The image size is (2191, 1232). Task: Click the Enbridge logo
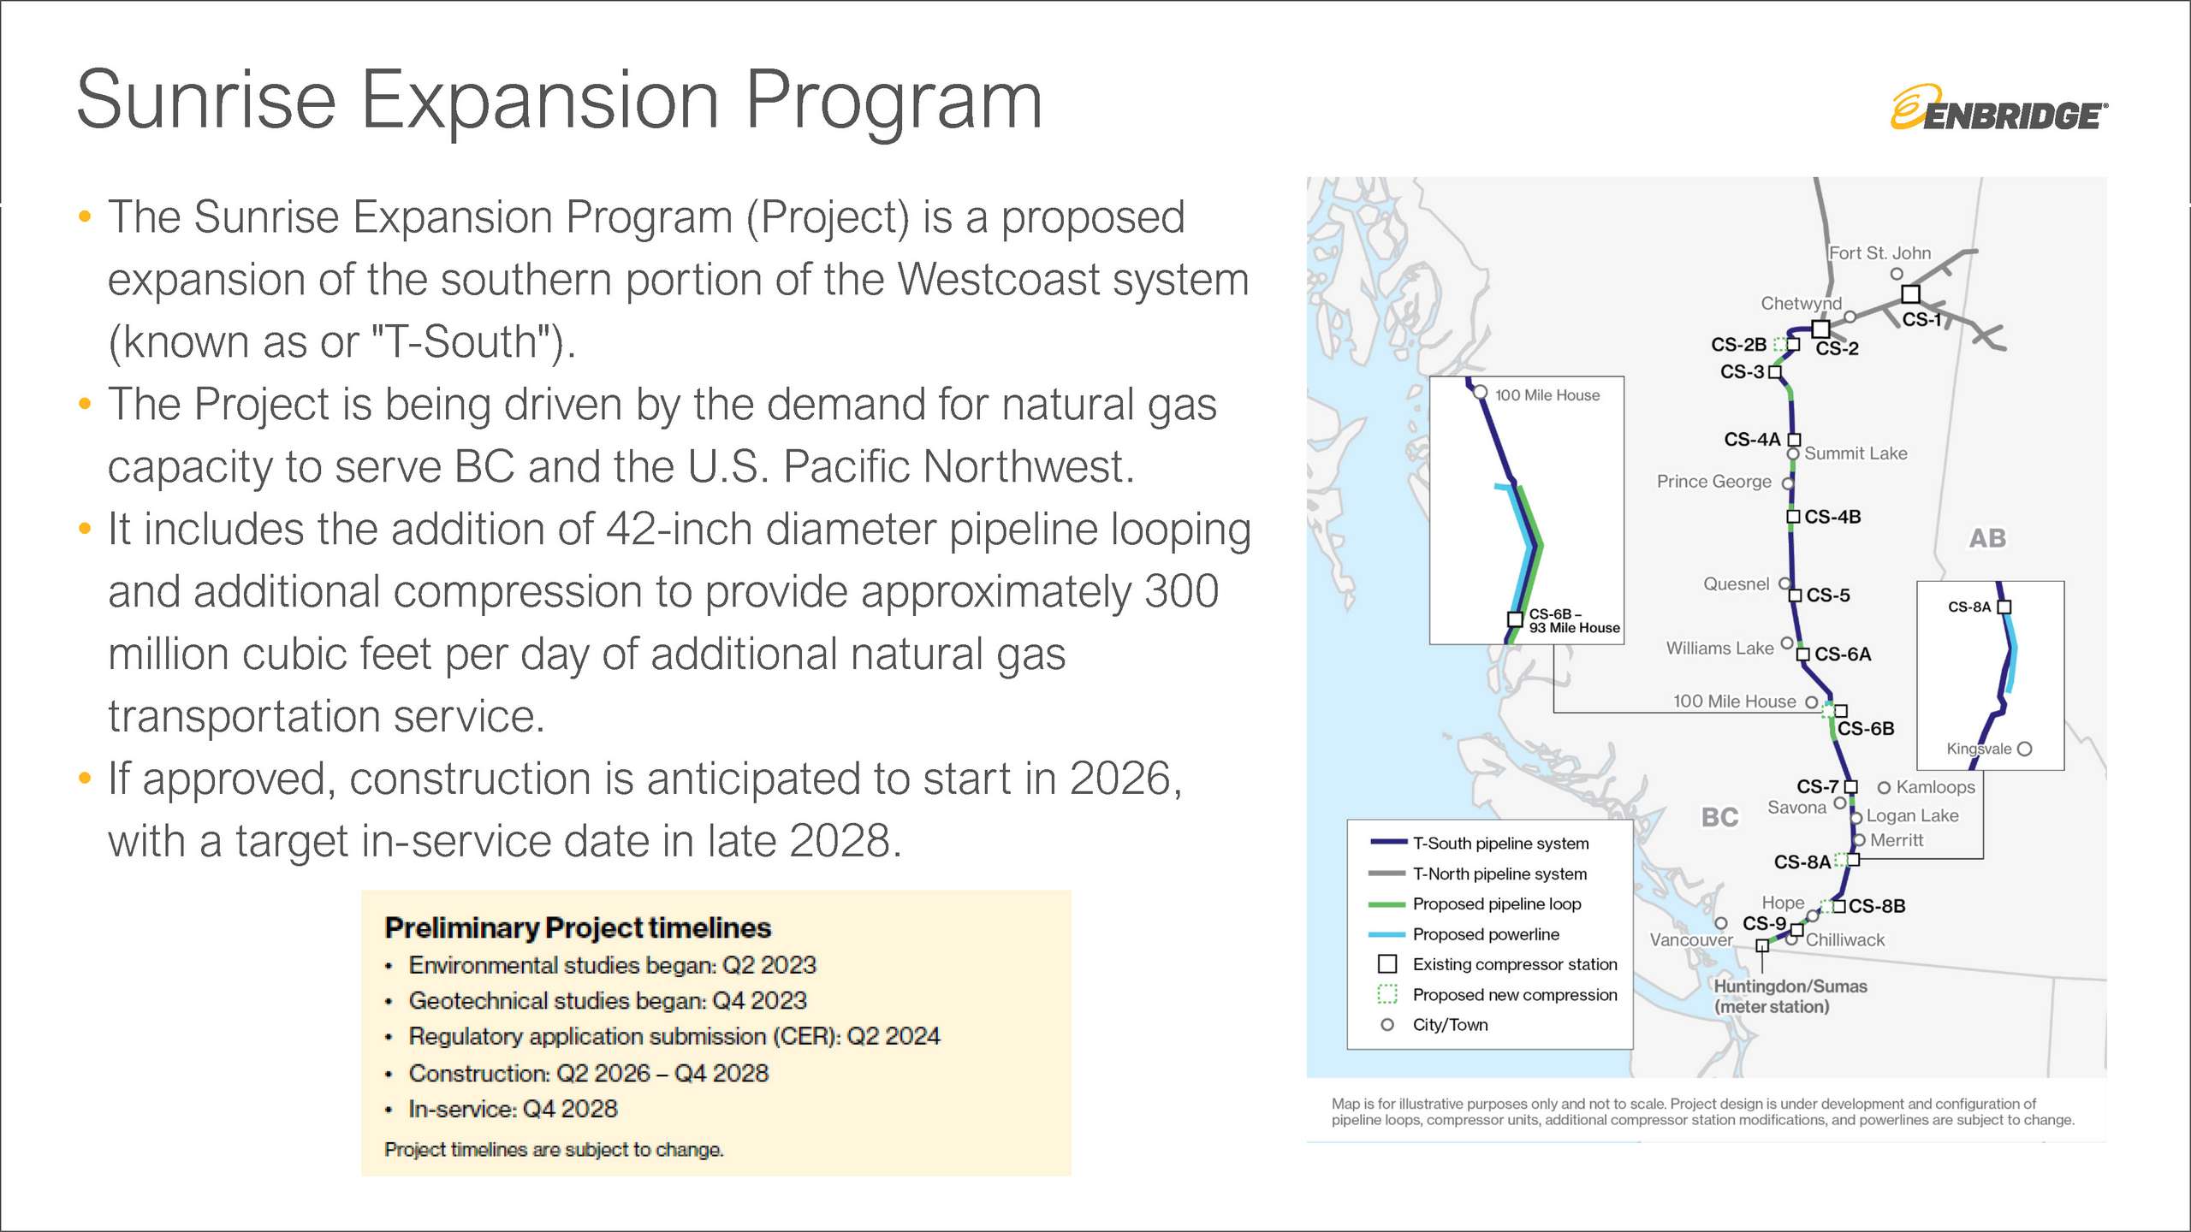1999,108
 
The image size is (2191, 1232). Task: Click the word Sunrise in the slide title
206,100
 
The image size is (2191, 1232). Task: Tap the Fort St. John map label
1879,253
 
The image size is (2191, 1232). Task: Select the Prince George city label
1713,482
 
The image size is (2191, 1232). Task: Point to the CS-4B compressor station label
1832,517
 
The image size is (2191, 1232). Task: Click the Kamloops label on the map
1935,787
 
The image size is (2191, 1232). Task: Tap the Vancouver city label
1691,939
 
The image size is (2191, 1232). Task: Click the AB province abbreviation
1987,538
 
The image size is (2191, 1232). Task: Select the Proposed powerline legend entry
1486,934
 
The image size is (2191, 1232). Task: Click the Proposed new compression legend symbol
1387,994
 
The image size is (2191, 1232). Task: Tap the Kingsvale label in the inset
1979,749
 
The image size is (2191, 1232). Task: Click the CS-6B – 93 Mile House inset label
1574,621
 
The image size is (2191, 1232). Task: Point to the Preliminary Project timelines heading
578,927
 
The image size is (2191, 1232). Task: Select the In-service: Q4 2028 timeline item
513,1109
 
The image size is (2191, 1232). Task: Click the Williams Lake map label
1719,649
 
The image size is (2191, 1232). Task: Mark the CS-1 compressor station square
1910,294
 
